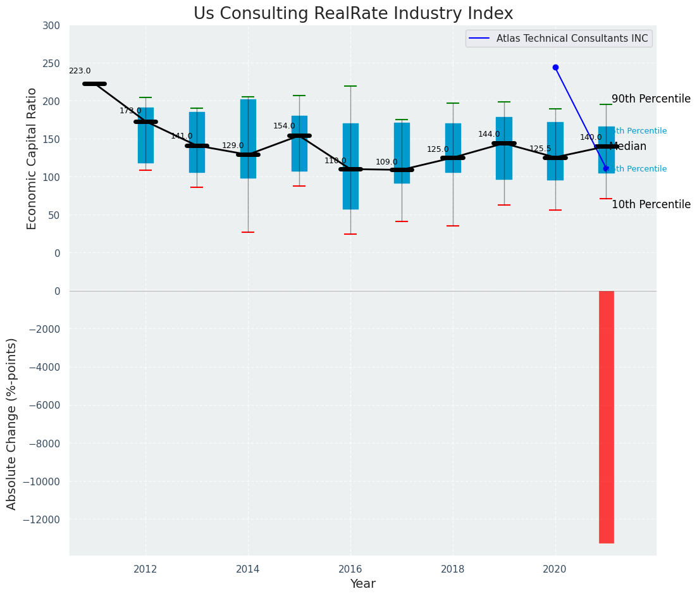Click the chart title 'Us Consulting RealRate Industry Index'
[x=353, y=14]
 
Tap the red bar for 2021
[x=607, y=416]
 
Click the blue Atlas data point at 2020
[x=555, y=67]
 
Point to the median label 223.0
[x=80, y=71]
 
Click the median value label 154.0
[x=284, y=127]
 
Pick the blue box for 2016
[x=350, y=166]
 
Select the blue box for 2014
[x=248, y=139]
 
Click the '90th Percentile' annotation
[x=651, y=99]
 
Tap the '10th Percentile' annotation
[x=651, y=205]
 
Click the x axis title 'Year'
[x=363, y=584]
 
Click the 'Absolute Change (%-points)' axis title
[x=12, y=423]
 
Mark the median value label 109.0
[x=386, y=163]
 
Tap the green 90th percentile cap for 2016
[x=350, y=86]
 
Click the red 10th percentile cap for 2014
[x=248, y=232]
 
